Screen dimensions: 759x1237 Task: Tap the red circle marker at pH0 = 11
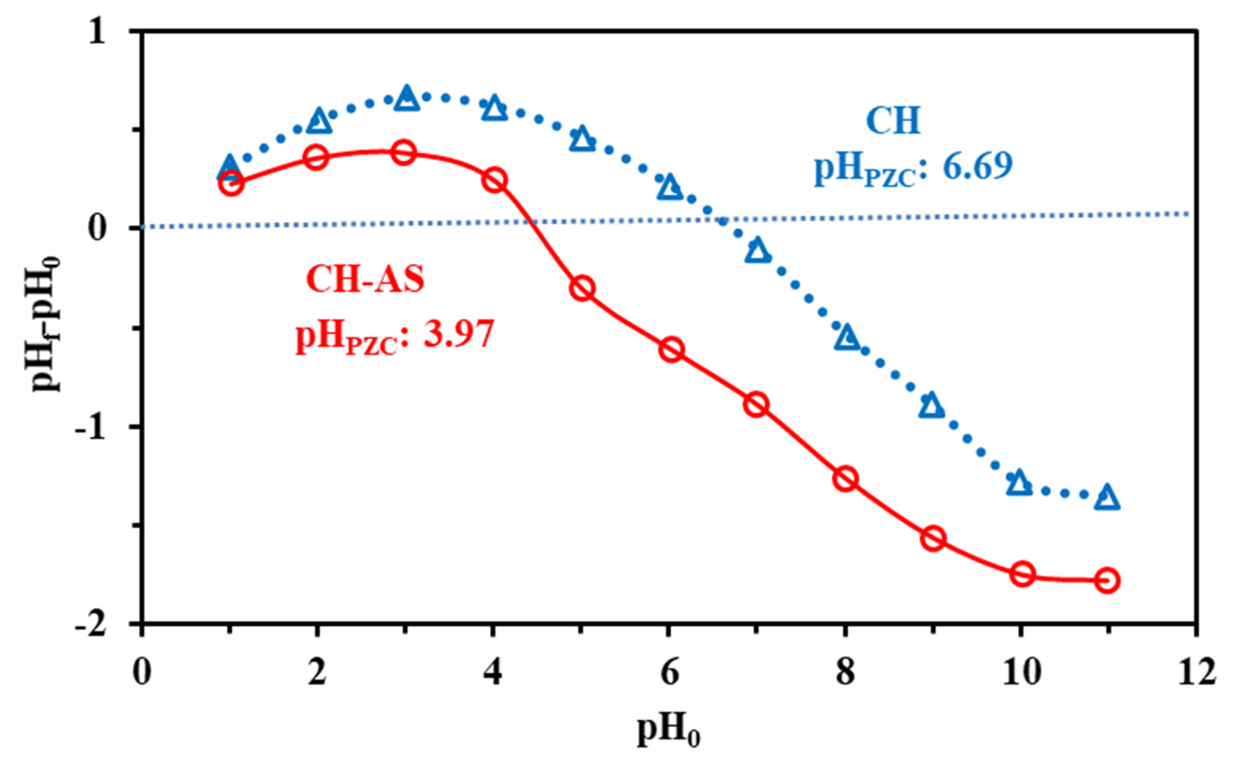point(1107,580)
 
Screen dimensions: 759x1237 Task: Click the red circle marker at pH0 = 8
point(846,478)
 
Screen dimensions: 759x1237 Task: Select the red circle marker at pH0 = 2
point(316,158)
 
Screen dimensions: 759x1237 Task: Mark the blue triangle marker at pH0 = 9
point(932,406)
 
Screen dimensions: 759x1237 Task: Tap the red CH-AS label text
point(366,279)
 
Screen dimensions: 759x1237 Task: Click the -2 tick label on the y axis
point(93,624)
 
